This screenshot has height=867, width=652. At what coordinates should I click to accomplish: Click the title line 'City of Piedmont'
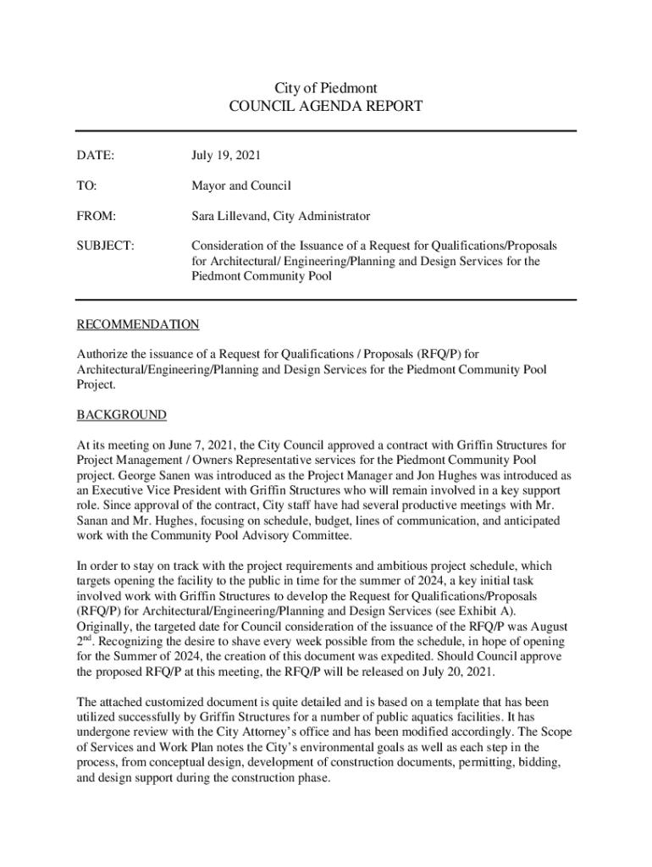[x=326, y=88]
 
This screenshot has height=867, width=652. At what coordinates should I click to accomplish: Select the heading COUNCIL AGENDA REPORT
[x=326, y=107]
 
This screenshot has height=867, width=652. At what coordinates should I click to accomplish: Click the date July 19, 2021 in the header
[x=226, y=155]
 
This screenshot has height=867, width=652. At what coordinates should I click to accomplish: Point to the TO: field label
[x=87, y=185]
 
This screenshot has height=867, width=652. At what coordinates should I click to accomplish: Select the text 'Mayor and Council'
[x=240, y=185]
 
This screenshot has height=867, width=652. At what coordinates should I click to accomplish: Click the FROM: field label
[x=97, y=216]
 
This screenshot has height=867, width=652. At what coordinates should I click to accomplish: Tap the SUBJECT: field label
[x=105, y=246]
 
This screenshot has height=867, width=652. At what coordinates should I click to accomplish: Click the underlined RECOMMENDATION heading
[x=138, y=324]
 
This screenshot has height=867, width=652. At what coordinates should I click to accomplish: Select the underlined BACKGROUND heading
[x=122, y=415]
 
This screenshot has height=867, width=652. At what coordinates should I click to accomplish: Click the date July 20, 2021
[x=457, y=671]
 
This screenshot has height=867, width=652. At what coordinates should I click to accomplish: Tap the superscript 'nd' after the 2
[x=86, y=638]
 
